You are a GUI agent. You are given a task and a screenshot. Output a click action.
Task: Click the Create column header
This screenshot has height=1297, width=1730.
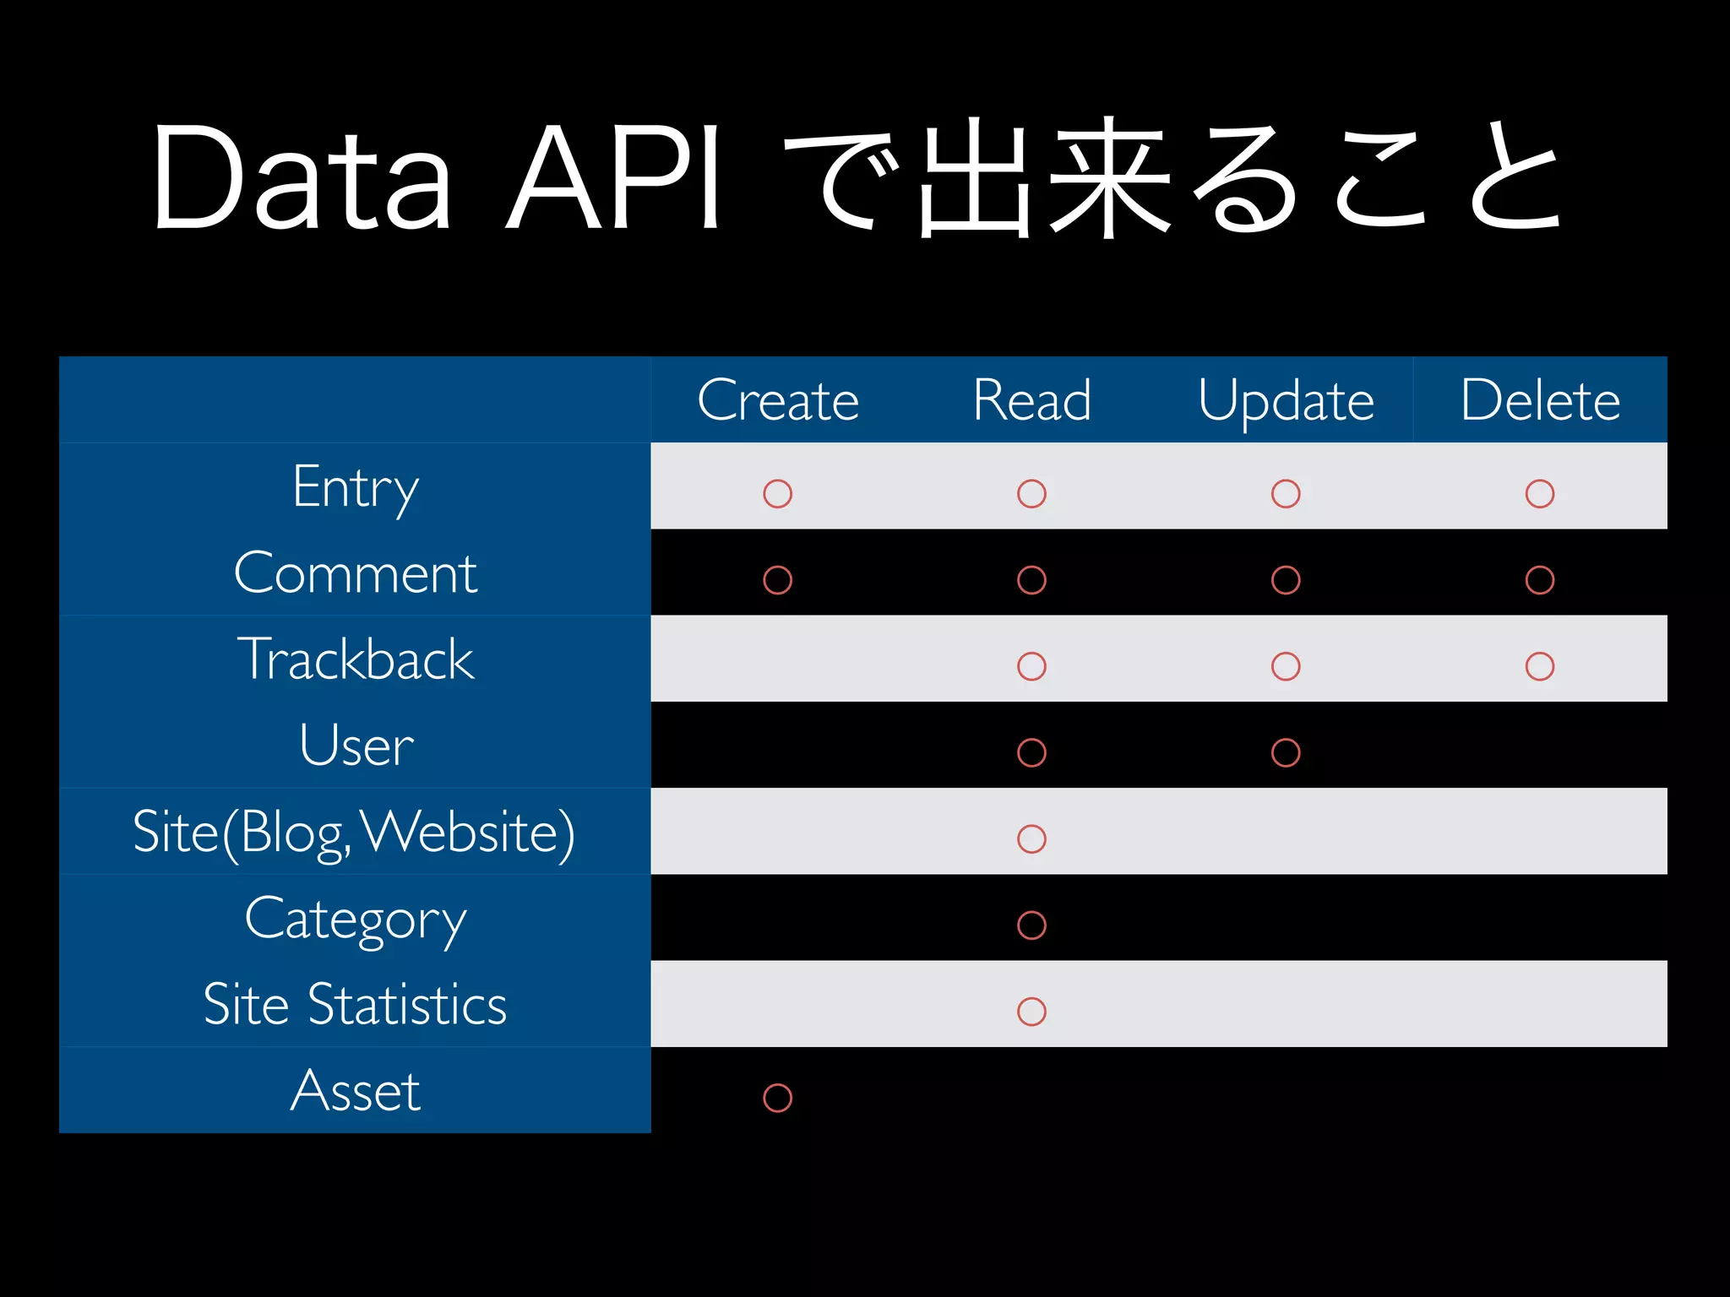(x=778, y=399)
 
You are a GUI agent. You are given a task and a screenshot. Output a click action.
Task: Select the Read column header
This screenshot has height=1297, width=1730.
(x=1031, y=399)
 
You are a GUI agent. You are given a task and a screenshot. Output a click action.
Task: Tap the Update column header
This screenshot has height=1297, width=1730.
(x=1286, y=400)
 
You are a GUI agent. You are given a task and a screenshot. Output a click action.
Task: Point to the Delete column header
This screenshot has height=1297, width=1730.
(x=1540, y=399)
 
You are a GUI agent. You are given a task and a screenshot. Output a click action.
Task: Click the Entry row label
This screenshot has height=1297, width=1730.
(x=356, y=487)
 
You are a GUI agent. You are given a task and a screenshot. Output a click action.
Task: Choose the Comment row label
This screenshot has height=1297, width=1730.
(x=356, y=573)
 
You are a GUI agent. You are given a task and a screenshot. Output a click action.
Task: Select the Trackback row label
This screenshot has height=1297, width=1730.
(x=356, y=659)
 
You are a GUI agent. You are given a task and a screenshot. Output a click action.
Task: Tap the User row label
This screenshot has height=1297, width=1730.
(x=356, y=746)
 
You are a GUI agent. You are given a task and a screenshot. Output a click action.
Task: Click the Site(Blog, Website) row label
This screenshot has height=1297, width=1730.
(x=354, y=833)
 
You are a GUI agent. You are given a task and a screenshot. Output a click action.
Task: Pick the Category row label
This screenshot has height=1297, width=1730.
(x=356, y=919)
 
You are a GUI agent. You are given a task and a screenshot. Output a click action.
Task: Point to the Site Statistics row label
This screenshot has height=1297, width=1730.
(x=355, y=1005)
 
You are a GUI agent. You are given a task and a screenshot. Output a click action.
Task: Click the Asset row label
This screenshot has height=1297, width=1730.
(x=356, y=1091)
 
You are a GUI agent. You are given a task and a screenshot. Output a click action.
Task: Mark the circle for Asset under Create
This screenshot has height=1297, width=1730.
(x=777, y=1098)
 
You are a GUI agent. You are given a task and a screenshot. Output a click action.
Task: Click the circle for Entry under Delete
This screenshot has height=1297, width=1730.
(x=1539, y=494)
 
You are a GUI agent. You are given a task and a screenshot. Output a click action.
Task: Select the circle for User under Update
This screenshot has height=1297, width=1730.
(x=1285, y=752)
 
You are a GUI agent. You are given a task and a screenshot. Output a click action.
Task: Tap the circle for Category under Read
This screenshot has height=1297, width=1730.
(x=1031, y=925)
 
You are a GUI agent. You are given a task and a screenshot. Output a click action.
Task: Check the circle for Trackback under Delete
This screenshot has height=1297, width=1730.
(x=1539, y=666)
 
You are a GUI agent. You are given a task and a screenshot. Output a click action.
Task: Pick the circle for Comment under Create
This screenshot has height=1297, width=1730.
(x=777, y=580)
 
